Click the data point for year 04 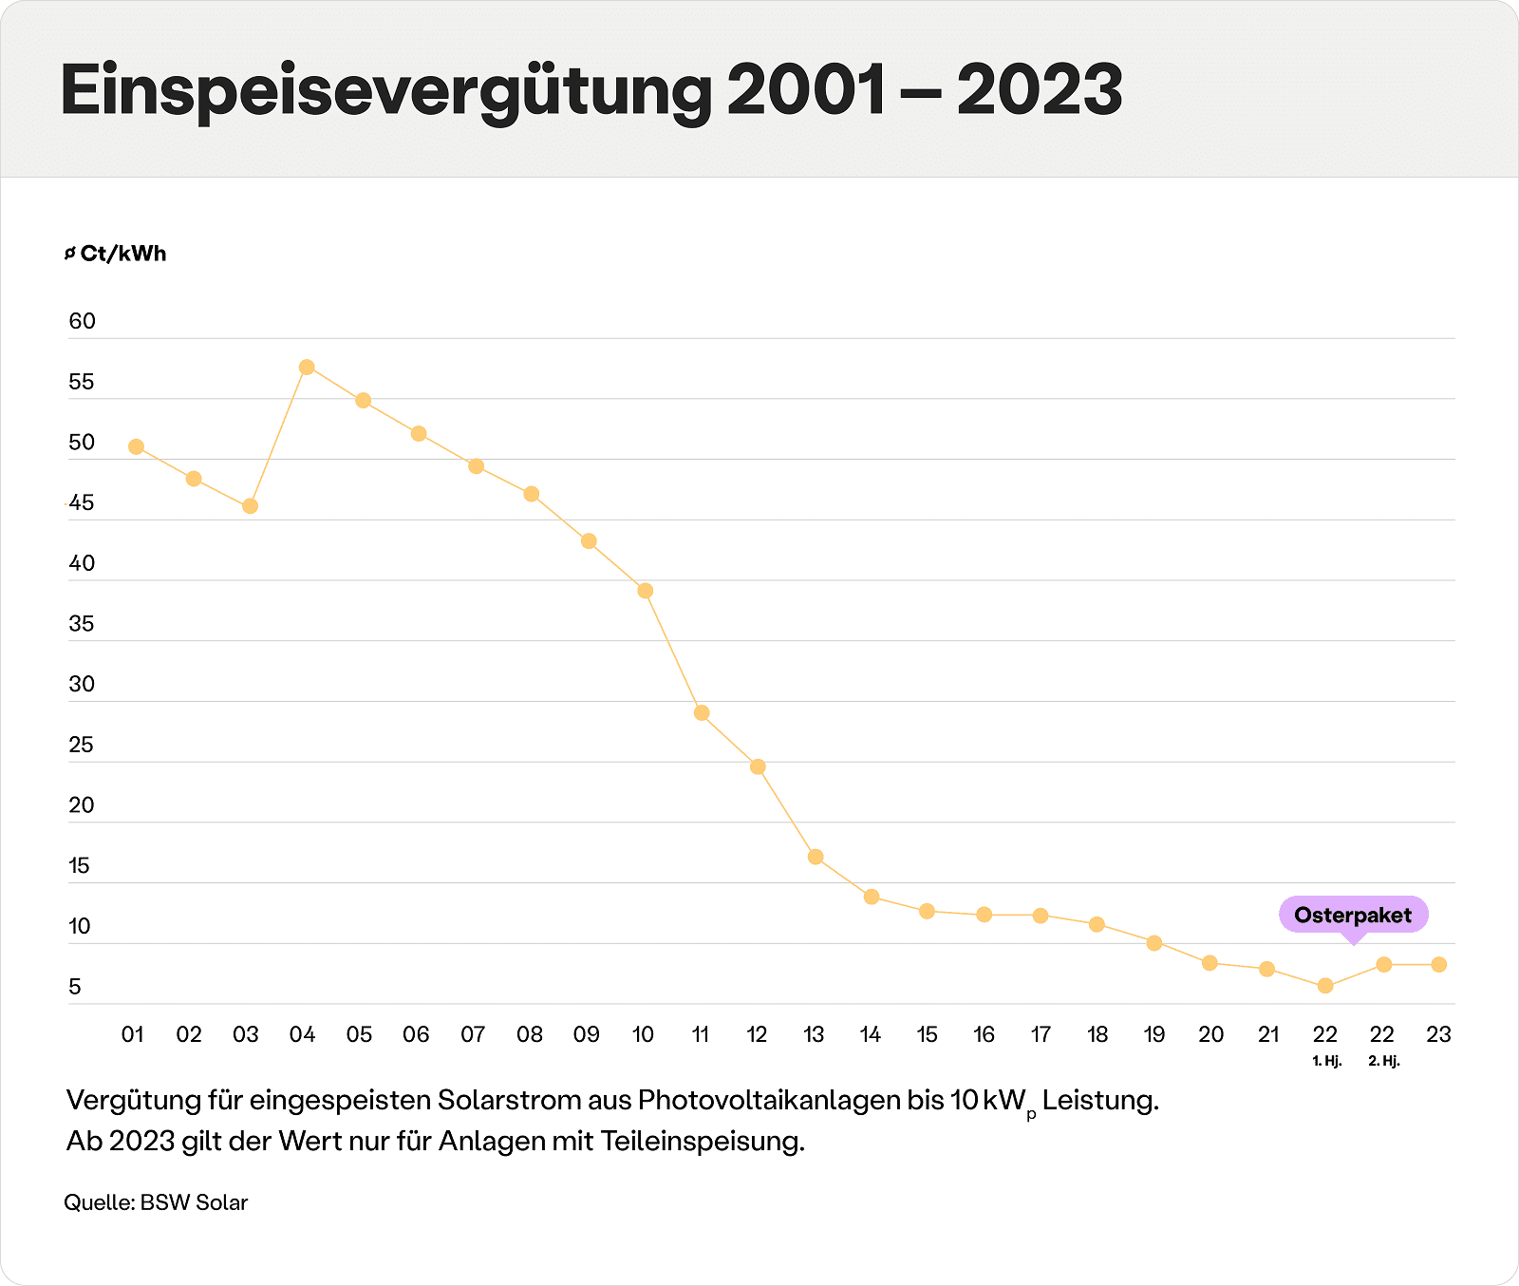click(x=307, y=368)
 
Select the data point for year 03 click(x=250, y=506)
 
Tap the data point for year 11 click(x=702, y=713)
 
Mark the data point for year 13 click(x=816, y=858)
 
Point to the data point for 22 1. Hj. click(x=1325, y=986)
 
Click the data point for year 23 click(x=1439, y=965)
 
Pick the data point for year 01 click(x=136, y=447)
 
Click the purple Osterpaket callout click(x=1353, y=915)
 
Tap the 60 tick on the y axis click(x=83, y=321)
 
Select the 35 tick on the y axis click(x=83, y=624)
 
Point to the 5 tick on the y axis click(x=76, y=987)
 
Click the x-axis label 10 click(x=643, y=1034)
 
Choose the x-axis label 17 click(x=1041, y=1034)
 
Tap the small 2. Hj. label click(x=1383, y=1061)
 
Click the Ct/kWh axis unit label click(x=122, y=254)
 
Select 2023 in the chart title click(x=1040, y=91)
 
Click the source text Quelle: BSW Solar click(x=156, y=1202)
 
